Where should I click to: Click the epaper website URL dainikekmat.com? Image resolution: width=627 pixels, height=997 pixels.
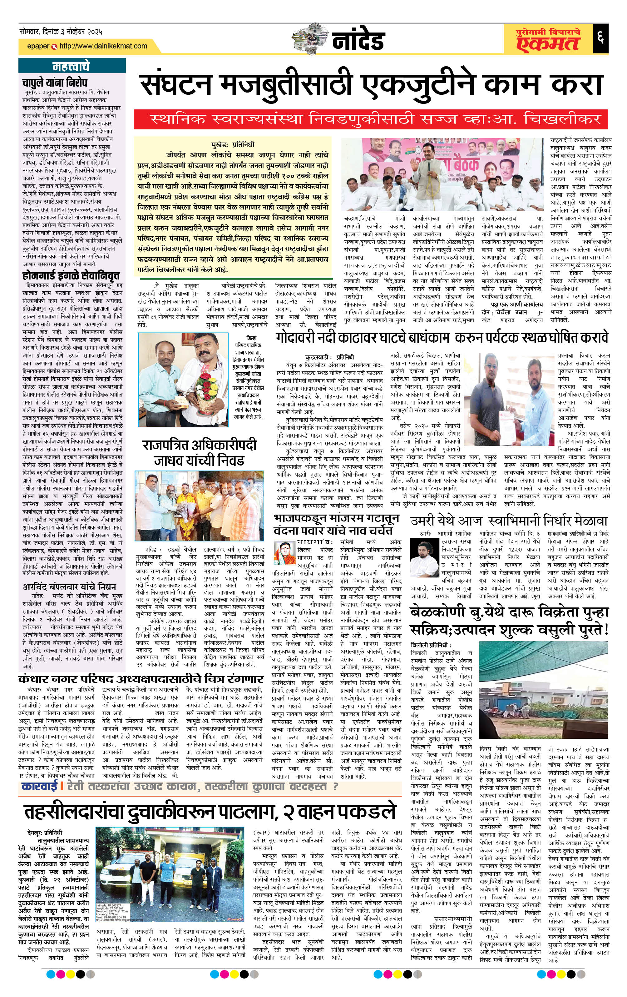pyautogui.click(x=103, y=46)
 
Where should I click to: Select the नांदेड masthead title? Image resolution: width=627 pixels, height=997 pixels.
pyautogui.click(x=358, y=41)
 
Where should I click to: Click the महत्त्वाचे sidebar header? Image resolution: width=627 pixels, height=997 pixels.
pyautogui.click(x=71, y=66)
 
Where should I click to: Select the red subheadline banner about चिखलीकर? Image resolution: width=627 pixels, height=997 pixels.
pyautogui.click(x=371, y=119)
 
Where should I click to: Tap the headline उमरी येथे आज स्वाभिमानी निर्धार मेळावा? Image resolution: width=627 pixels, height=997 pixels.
pyautogui.click(x=509, y=521)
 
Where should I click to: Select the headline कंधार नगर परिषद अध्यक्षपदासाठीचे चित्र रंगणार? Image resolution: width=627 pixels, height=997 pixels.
pyautogui.click(x=141, y=679)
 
